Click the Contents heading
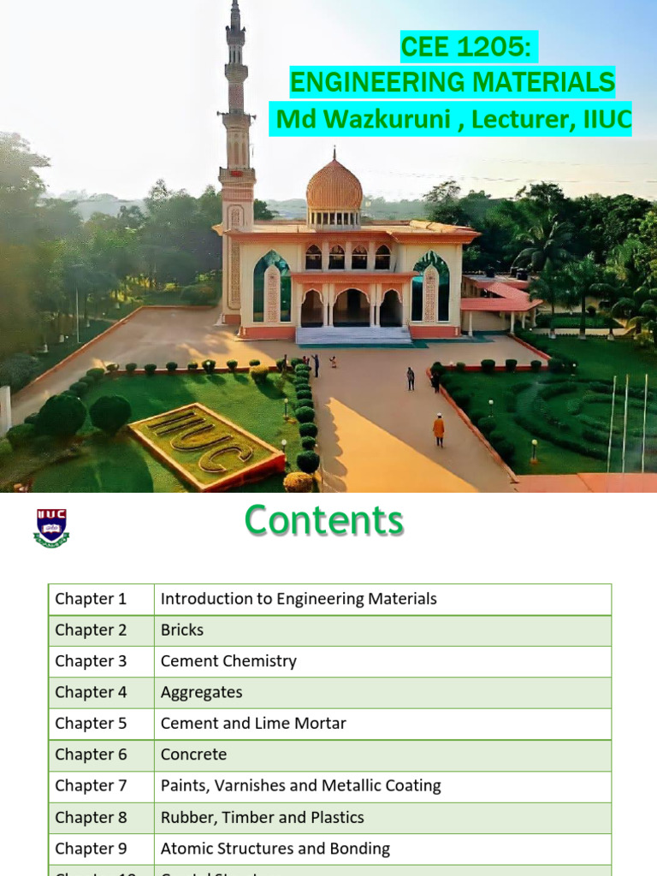pyautogui.click(x=323, y=520)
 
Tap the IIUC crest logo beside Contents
pyautogui.click(x=51, y=528)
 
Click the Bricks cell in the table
pyautogui.click(x=182, y=630)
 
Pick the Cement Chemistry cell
pyautogui.click(x=228, y=661)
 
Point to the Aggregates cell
pyautogui.click(x=201, y=692)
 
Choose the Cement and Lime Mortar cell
pyautogui.click(x=253, y=724)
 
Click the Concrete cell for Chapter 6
pyautogui.click(x=193, y=755)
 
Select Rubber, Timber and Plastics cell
pyautogui.click(x=262, y=817)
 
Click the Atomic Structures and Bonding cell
pyautogui.click(x=275, y=849)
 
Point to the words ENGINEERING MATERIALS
pyautogui.click(x=452, y=83)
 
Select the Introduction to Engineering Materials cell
pyautogui.click(x=299, y=599)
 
